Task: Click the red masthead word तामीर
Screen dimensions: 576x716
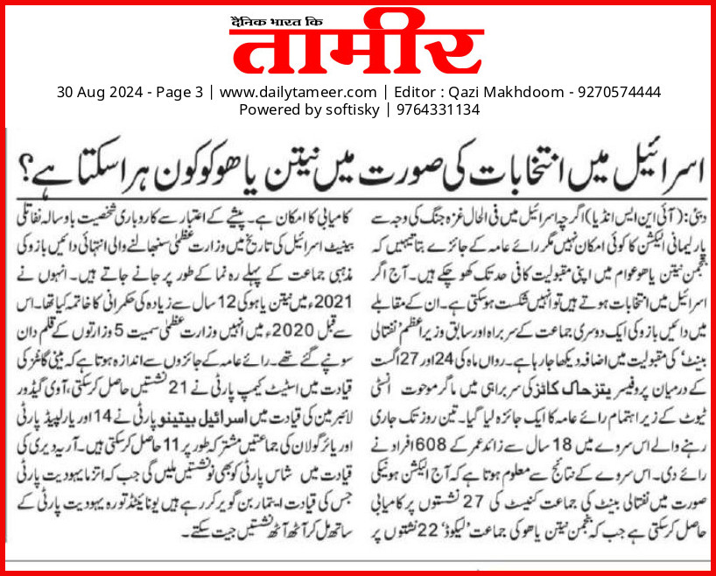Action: click(358, 44)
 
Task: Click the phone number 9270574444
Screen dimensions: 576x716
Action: click(617, 92)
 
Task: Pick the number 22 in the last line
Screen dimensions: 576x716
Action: click(423, 530)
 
